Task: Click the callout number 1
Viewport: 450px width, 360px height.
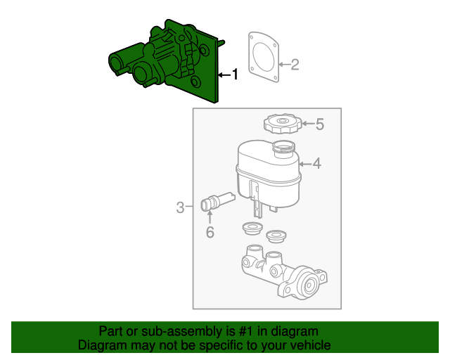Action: pyautogui.click(x=235, y=74)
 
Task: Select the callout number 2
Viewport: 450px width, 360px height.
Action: pyautogui.click(x=295, y=65)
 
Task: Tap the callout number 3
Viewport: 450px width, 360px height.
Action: pyautogui.click(x=181, y=207)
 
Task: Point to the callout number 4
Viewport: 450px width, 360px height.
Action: pyautogui.click(x=316, y=164)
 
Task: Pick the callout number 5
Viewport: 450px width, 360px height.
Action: pyautogui.click(x=319, y=125)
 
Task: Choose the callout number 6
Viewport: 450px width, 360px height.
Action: pyautogui.click(x=210, y=232)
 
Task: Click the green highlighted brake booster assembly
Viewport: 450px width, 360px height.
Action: pyautogui.click(x=169, y=63)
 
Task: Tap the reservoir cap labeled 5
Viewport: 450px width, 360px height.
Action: pyautogui.click(x=282, y=125)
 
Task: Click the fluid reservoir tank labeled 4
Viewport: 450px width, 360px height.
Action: pyautogui.click(x=267, y=172)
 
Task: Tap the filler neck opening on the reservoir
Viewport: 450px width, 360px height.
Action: pyautogui.click(x=283, y=147)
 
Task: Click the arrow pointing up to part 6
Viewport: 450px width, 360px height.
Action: pyautogui.click(x=210, y=217)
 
